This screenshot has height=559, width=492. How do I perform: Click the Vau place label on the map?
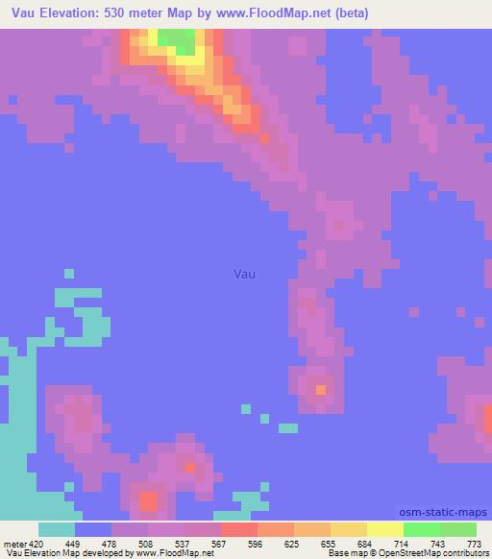pos(245,274)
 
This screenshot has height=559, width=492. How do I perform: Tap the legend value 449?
pos(60,543)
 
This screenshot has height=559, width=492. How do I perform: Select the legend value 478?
pos(96,543)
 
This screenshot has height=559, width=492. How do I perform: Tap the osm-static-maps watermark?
pos(445,513)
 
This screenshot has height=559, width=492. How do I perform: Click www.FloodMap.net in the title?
pos(277,12)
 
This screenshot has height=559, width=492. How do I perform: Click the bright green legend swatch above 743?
pos(422,529)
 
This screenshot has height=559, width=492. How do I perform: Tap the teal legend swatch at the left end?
pos(57,529)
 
